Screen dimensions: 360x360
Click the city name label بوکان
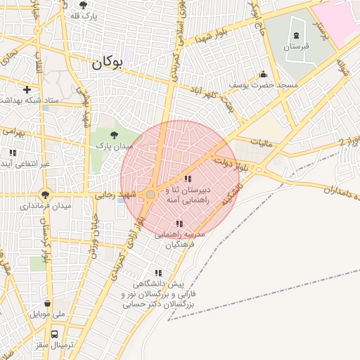pos(106,63)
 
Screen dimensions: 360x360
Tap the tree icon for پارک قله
pos(84,5)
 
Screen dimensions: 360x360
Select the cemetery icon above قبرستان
pos(296,35)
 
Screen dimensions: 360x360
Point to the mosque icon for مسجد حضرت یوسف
pos(263,74)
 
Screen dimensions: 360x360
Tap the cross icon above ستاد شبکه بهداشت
pos(27,89)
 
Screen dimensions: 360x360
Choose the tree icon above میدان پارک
pos(114,133)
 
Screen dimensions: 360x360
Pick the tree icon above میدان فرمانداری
pos(46,195)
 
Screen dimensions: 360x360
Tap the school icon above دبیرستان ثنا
pos(187,179)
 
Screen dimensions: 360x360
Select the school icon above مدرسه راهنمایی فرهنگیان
pos(180,224)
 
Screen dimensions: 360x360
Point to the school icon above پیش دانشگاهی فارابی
pos(158,273)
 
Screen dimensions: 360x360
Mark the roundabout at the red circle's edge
pos(150,194)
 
